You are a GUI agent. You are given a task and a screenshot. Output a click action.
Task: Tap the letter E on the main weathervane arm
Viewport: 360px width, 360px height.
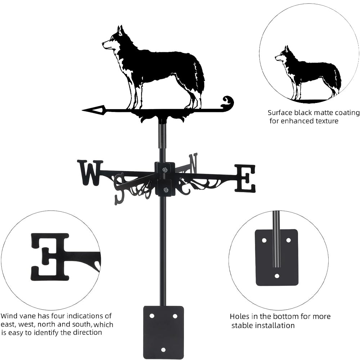(245, 179)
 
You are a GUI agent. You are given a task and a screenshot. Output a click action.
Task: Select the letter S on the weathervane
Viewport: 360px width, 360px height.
(121, 189)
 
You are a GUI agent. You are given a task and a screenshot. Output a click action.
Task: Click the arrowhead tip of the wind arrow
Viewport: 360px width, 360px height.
(82, 111)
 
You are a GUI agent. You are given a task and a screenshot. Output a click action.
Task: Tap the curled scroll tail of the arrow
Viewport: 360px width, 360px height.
(227, 103)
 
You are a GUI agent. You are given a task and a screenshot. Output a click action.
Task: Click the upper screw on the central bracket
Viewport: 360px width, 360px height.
(165, 170)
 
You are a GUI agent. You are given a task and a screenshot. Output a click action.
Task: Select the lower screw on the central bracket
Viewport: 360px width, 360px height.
(165, 190)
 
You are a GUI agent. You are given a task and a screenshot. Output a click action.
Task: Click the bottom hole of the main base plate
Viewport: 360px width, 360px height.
(163, 350)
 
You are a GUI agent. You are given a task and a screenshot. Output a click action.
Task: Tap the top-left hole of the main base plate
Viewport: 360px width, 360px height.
(152, 316)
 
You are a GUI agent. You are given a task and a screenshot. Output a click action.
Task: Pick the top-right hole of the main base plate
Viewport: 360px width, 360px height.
(175, 316)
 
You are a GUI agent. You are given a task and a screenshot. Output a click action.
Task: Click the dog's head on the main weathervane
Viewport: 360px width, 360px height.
(114, 39)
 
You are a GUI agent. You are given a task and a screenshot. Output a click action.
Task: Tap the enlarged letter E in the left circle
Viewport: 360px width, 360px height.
(50, 257)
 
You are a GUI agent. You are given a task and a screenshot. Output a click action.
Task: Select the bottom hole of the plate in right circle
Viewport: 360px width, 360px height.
(277, 276)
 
